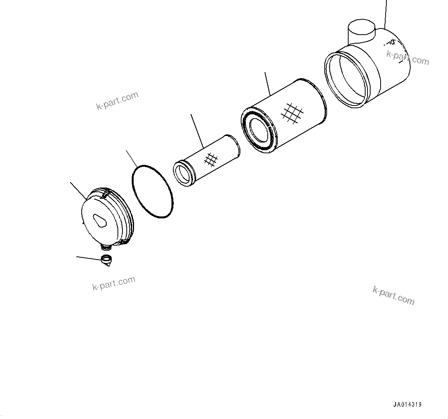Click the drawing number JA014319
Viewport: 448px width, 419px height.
(407, 405)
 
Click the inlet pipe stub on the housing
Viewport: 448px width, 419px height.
(361, 31)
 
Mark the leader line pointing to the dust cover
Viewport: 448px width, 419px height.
(78, 190)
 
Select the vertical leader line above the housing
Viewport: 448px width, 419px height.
(385, 14)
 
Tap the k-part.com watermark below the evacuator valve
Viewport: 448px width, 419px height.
(114, 283)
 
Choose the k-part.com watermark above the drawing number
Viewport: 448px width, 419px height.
(393, 295)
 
